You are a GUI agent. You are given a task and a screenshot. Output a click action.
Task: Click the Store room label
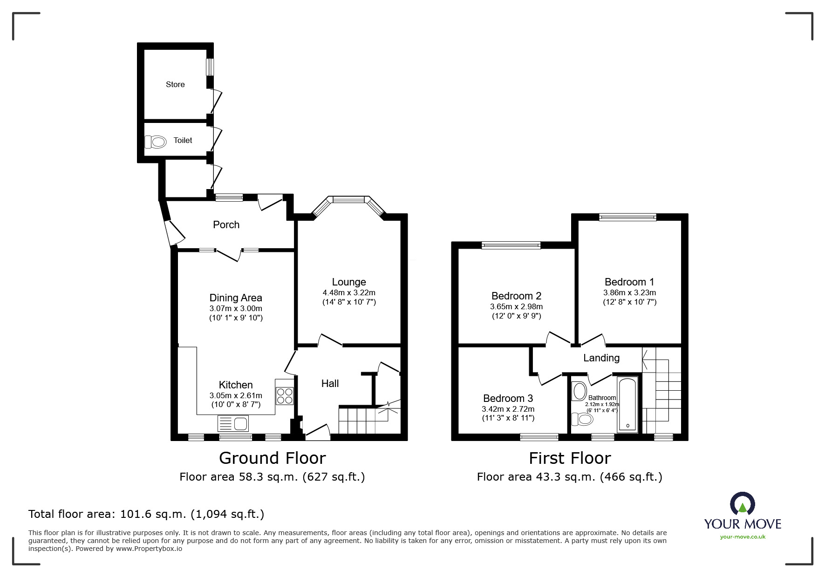(175, 84)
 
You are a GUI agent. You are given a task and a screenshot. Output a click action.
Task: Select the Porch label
(226, 224)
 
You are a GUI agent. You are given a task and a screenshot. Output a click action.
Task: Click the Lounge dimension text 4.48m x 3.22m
(349, 292)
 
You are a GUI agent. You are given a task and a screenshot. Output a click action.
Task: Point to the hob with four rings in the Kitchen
(284, 395)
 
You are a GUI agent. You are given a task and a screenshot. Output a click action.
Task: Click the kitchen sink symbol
(233, 424)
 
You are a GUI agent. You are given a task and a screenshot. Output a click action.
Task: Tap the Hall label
(330, 383)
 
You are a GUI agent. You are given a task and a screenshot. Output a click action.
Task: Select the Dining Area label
(236, 298)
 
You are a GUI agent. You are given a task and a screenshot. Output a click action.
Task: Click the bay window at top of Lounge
(348, 200)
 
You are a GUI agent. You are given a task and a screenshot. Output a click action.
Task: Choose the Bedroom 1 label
(629, 282)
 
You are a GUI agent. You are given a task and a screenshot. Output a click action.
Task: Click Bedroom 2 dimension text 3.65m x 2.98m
(516, 306)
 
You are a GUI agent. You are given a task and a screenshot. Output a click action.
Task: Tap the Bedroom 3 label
(508, 398)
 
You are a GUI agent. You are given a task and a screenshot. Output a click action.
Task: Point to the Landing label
(601, 358)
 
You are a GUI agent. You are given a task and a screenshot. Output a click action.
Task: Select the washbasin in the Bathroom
(580, 391)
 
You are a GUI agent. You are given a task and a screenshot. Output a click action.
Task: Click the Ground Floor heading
(272, 458)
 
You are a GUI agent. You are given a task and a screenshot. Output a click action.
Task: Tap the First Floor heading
(569, 458)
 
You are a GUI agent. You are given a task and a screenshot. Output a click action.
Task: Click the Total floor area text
(146, 514)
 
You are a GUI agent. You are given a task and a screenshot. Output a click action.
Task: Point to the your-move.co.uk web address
(743, 537)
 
